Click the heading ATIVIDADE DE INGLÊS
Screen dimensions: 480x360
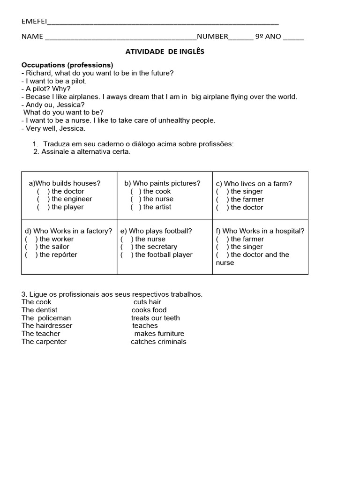tap(165, 52)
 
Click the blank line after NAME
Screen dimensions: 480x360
tap(120, 37)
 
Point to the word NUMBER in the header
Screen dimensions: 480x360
tap(212, 37)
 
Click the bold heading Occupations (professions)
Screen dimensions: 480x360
tap(67, 65)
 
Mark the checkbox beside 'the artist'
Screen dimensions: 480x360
tap(136, 207)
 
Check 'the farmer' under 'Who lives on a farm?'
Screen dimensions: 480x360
tap(221, 200)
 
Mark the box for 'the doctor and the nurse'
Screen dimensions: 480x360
tap(221, 255)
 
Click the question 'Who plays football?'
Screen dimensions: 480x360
tap(156, 231)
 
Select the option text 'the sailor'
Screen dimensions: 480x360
tap(54, 247)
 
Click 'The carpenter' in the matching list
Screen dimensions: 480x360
tap(44, 342)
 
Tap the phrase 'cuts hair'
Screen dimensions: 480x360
tap(147, 302)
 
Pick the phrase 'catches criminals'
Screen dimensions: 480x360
tap(158, 342)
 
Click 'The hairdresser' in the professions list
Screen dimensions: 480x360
tap(47, 326)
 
